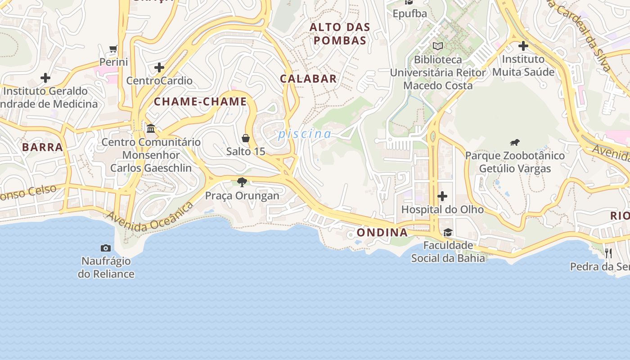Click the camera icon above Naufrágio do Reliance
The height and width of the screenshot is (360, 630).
(x=106, y=248)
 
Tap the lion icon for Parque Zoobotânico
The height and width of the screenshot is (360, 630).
(x=515, y=143)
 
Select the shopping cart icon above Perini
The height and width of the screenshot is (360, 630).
(x=113, y=49)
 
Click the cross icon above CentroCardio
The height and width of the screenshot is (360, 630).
(x=159, y=68)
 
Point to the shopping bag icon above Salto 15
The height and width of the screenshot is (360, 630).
(x=246, y=138)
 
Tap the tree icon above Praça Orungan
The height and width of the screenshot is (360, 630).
(x=242, y=182)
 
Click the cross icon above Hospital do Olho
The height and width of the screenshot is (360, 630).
(x=442, y=196)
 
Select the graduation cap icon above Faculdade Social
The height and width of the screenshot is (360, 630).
(x=448, y=232)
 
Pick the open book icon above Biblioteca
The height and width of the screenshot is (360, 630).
(x=438, y=46)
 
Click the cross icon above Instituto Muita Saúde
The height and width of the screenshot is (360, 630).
(x=523, y=46)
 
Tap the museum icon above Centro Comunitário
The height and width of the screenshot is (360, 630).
(x=151, y=129)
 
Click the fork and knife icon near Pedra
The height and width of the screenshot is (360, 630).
(x=608, y=253)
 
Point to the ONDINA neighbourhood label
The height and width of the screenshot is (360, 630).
(x=382, y=233)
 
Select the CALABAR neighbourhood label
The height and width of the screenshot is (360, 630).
(x=308, y=79)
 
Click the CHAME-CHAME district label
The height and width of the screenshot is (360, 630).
(x=200, y=102)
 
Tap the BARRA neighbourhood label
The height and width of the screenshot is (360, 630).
(x=42, y=147)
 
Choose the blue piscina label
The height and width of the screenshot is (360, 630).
(x=304, y=134)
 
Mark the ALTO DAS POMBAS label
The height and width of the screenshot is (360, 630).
(x=340, y=34)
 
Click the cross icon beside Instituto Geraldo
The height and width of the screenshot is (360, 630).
(x=45, y=78)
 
